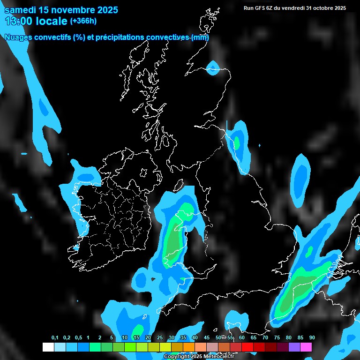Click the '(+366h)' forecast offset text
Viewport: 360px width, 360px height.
(x=83, y=21)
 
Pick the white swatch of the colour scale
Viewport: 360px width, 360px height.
(x=48, y=347)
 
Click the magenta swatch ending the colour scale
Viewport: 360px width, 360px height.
(x=306, y=347)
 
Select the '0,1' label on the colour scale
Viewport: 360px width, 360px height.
(x=55, y=338)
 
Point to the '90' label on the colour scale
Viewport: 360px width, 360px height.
(x=312, y=338)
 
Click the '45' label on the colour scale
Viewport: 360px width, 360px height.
(x=207, y=338)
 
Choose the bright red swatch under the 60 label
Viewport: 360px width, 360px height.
(x=247, y=347)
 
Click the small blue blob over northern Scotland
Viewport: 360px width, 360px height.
(x=213, y=68)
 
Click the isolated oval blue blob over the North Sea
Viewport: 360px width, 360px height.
(x=300, y=180)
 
